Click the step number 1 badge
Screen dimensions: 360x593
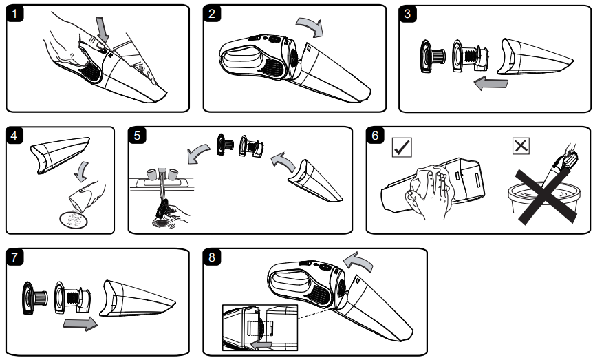pyautogui.click(x=14, y=14)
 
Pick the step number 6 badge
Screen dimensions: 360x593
pyautogui.click(x=376, y=136)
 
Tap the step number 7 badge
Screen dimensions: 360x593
pyautogui.click(x=14, y=258)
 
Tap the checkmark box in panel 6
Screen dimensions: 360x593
pyautogui.click(x=400, y=147)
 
